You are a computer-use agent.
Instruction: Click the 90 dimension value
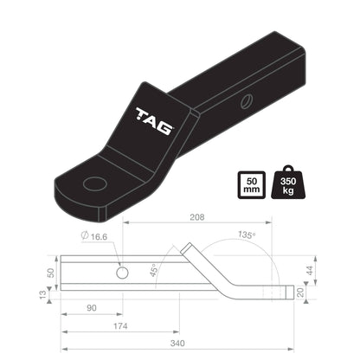click(x=91, y=307)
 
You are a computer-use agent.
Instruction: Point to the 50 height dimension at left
click(x=50, y=272)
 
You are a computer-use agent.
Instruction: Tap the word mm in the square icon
click(x=251, y=192)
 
